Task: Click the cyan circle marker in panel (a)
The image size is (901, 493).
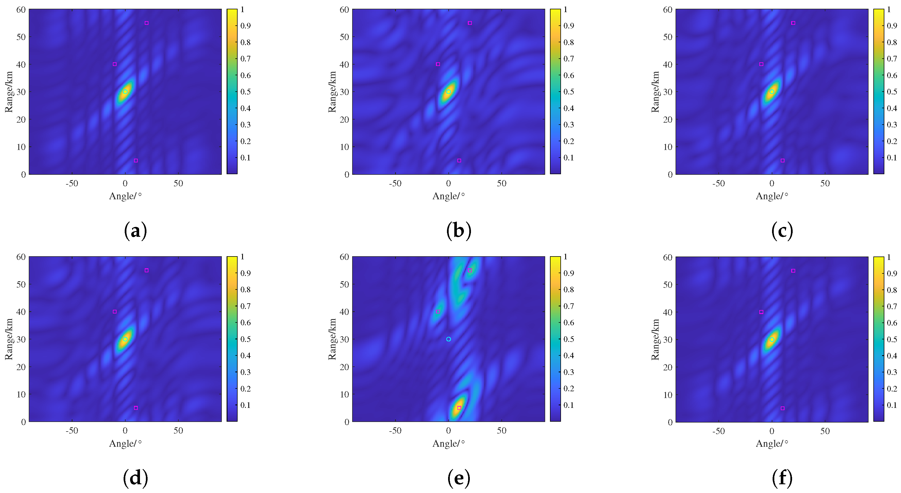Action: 125,92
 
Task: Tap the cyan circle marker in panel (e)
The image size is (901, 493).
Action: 448,339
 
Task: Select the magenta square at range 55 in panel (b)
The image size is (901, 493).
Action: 470,23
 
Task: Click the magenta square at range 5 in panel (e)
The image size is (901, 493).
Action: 459,408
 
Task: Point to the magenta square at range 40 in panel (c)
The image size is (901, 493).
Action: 761,64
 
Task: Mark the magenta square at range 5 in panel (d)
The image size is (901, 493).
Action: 136,408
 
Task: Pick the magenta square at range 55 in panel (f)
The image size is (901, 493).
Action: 793,270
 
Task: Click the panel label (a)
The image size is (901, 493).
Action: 135,231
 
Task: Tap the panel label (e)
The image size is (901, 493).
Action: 459,478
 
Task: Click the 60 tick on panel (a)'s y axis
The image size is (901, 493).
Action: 21,10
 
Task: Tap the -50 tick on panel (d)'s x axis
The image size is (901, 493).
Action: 72,431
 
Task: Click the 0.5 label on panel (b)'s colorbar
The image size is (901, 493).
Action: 568,92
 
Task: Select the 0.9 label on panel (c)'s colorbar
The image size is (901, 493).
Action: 892,25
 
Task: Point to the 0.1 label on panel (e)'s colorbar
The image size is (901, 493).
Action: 568,405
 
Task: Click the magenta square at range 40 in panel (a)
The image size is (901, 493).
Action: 115,64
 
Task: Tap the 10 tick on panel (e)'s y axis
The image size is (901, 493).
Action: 344,394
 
